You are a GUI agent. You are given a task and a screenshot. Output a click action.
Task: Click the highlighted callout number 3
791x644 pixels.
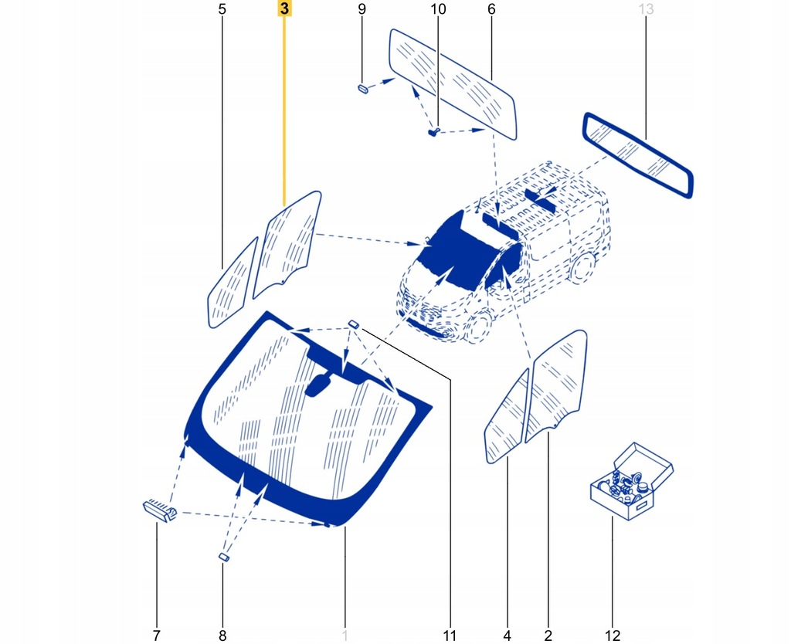pyautogui.click(x=284, y=9)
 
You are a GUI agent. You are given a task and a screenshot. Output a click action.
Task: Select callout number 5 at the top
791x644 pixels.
pyautogui.click(x=222, y=10)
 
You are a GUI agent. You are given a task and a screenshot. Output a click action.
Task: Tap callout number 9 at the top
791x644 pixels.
pyautogui.click(x=362, y=10)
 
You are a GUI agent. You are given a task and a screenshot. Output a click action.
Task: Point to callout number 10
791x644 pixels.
pyautogui.click(x=437, y=10)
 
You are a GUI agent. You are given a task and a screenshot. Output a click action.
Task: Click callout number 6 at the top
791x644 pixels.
pyautogui.click(x=491, y=10)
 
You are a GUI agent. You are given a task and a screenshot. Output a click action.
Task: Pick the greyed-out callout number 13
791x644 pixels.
pyautogui.click(x=646, y=10)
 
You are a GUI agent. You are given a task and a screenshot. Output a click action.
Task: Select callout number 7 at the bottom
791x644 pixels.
pyautogui.click(x=156, y=636)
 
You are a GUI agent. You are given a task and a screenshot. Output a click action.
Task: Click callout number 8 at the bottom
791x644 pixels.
pyautogui.click(x=222, y=636)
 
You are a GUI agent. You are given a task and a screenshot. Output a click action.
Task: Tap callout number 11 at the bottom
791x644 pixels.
pyautogui.click(x=450, y=636)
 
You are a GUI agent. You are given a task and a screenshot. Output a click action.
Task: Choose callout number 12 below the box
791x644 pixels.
pyautogui.click(x=613, y=636)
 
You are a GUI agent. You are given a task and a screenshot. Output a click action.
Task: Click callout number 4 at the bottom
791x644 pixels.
pyautogui.click(x=508, y=636)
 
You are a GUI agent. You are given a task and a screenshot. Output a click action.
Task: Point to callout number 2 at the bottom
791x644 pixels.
pyautogui.click(x=548, y=636)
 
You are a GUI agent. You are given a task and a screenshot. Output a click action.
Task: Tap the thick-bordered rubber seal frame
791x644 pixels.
pyautogui.click(x=638, y=154)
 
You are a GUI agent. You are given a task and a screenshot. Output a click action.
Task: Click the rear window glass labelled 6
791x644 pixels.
pyautogui.click(x=453, y=83)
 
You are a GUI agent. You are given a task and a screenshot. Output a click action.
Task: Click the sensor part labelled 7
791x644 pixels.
pyautogui.click(x=160, y=509)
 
